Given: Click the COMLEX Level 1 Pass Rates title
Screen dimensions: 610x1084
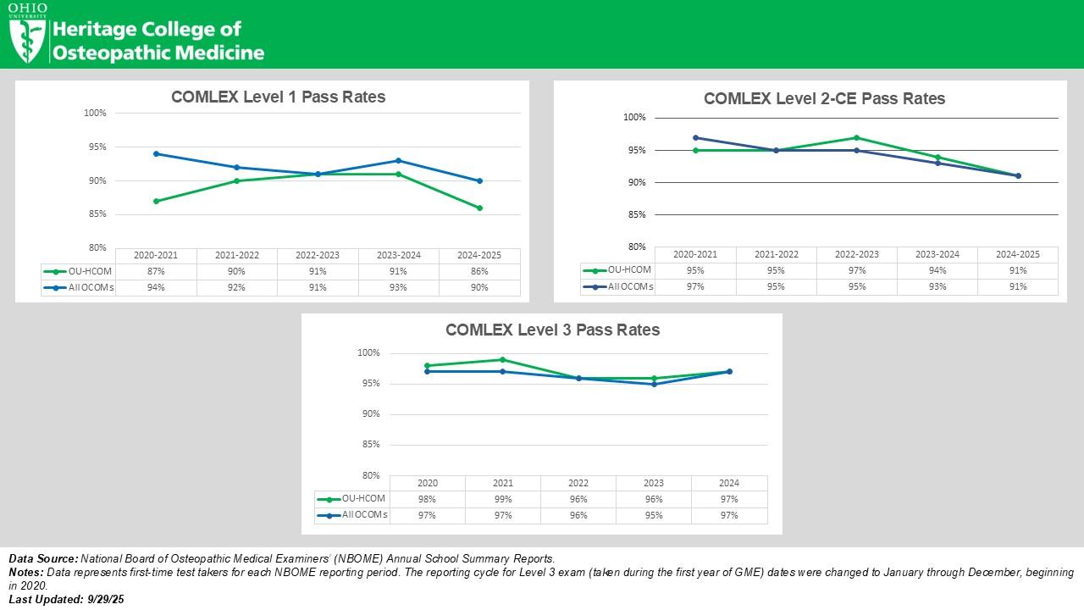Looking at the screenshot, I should point(278,97).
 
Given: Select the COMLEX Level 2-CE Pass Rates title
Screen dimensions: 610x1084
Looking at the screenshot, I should point(824,98).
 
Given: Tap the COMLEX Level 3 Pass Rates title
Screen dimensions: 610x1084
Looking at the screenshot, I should point(552,330).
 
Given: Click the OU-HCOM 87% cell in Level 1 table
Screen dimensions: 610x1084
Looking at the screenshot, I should point(156,271).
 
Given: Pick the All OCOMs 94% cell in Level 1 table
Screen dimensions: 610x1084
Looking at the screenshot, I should point(156,287).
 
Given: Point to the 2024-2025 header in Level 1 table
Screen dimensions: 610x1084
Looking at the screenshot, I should point(479,255).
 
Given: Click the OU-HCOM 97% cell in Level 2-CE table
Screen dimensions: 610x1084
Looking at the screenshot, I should point(856,270).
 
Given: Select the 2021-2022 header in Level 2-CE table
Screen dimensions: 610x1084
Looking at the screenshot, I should point(776,254).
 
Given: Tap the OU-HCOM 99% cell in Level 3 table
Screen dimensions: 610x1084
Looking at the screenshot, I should point(503,499).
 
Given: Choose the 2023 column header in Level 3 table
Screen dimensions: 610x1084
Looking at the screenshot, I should point(654,483).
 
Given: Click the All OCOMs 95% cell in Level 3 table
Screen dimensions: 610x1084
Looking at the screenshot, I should point(654,515).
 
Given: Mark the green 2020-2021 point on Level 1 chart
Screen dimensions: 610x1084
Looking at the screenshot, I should point(156,201).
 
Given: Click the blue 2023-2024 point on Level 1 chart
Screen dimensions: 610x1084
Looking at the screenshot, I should point(398,160).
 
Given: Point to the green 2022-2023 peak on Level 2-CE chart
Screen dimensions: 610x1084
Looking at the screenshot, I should point(856,137).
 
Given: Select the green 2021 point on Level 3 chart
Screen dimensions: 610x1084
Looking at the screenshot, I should point(503,359).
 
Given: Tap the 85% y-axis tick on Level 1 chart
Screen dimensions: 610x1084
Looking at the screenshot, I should point(95,214).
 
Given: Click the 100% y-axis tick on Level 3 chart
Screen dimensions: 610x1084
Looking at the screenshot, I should point(368,352).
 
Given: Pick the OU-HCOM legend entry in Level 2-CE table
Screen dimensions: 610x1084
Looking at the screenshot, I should point(618,270).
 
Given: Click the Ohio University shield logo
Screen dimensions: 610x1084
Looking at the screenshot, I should point(27,40).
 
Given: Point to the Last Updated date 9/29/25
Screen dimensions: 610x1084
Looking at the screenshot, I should point(106,599).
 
